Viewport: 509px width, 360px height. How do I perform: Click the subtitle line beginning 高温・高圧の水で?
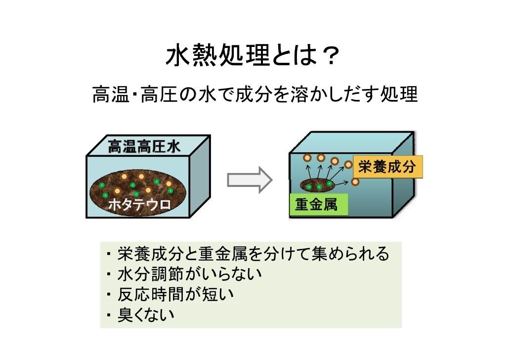coord(255,94)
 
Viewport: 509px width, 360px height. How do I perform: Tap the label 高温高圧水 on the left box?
coord(144,147)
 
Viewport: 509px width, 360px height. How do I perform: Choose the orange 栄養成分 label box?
coord(387,167)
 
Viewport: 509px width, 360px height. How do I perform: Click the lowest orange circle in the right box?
coord(355,182)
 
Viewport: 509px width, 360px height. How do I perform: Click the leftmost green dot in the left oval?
coord(102,185)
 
